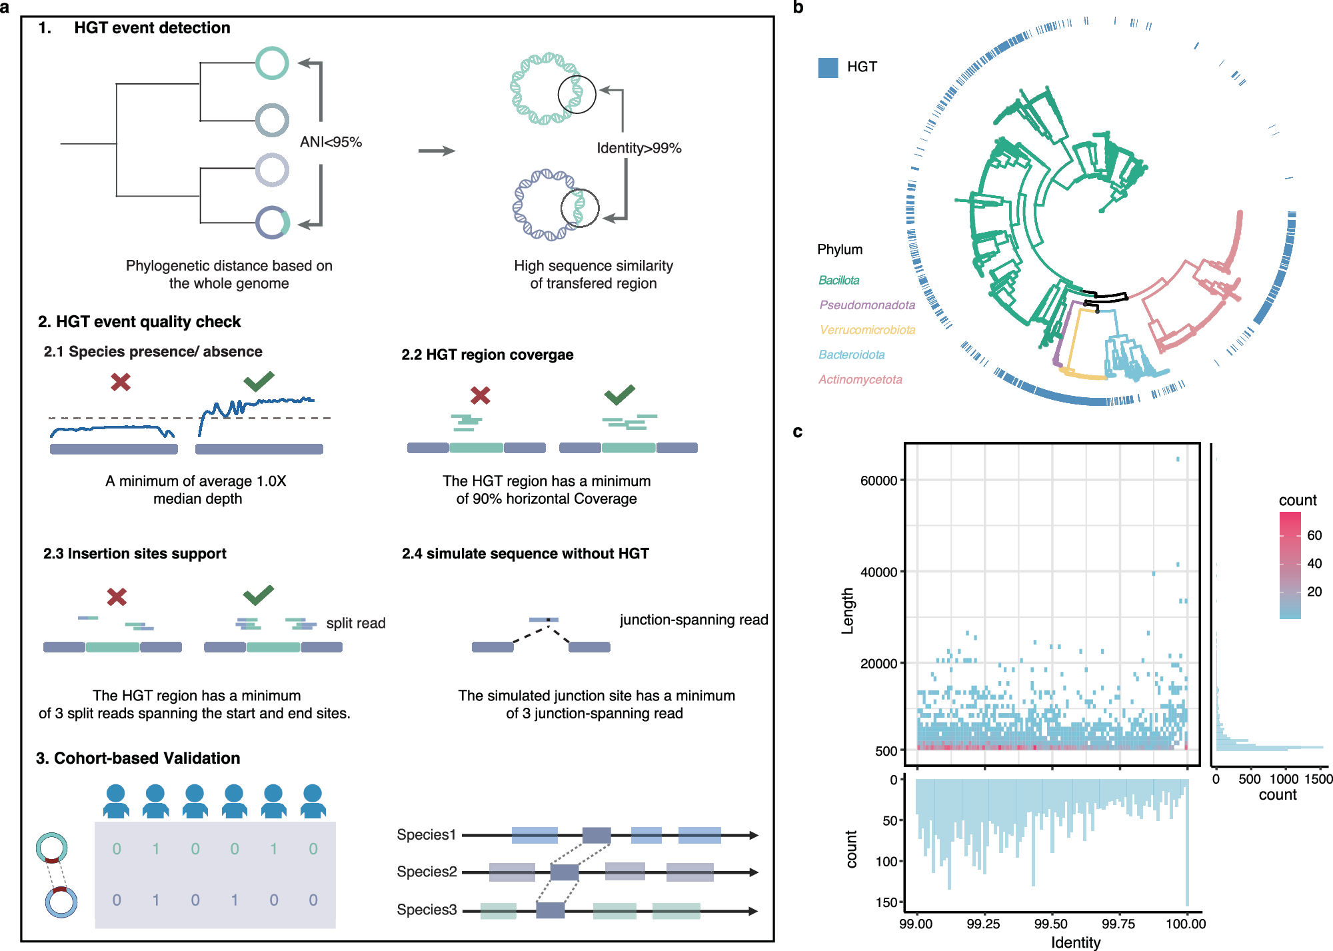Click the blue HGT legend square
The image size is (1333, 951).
[x=828, y=67]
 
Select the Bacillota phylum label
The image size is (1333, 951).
[x=838, y=281]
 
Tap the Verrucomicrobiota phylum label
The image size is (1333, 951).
[x=867, y=330]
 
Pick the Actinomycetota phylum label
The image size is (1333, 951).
[x=860, y=380]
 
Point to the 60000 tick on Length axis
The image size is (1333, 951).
[x=878, y=480]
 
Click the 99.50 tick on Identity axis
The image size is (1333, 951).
[x=1051, y=924]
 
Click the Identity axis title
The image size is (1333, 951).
[x=1075, y=942]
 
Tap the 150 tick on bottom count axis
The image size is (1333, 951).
[x=886, y=902]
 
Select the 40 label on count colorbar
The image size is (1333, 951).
[x=1314, y=564]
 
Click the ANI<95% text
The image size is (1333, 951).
[x=331, y=142]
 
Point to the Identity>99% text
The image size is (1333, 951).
[x=639, y=148]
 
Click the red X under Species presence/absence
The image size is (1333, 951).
[x=121, y=382]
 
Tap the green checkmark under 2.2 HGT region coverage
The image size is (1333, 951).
[x=619, y=395]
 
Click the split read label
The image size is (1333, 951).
[x=355, y=623]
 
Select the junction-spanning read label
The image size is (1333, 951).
[x=693, y=620]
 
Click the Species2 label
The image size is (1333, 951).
[x=427, y=872]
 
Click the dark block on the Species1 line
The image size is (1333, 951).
[x=597, y=835]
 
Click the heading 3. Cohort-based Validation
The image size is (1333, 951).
[x=138, y=758]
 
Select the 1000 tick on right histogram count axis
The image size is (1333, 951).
[x=1284, y=779]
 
